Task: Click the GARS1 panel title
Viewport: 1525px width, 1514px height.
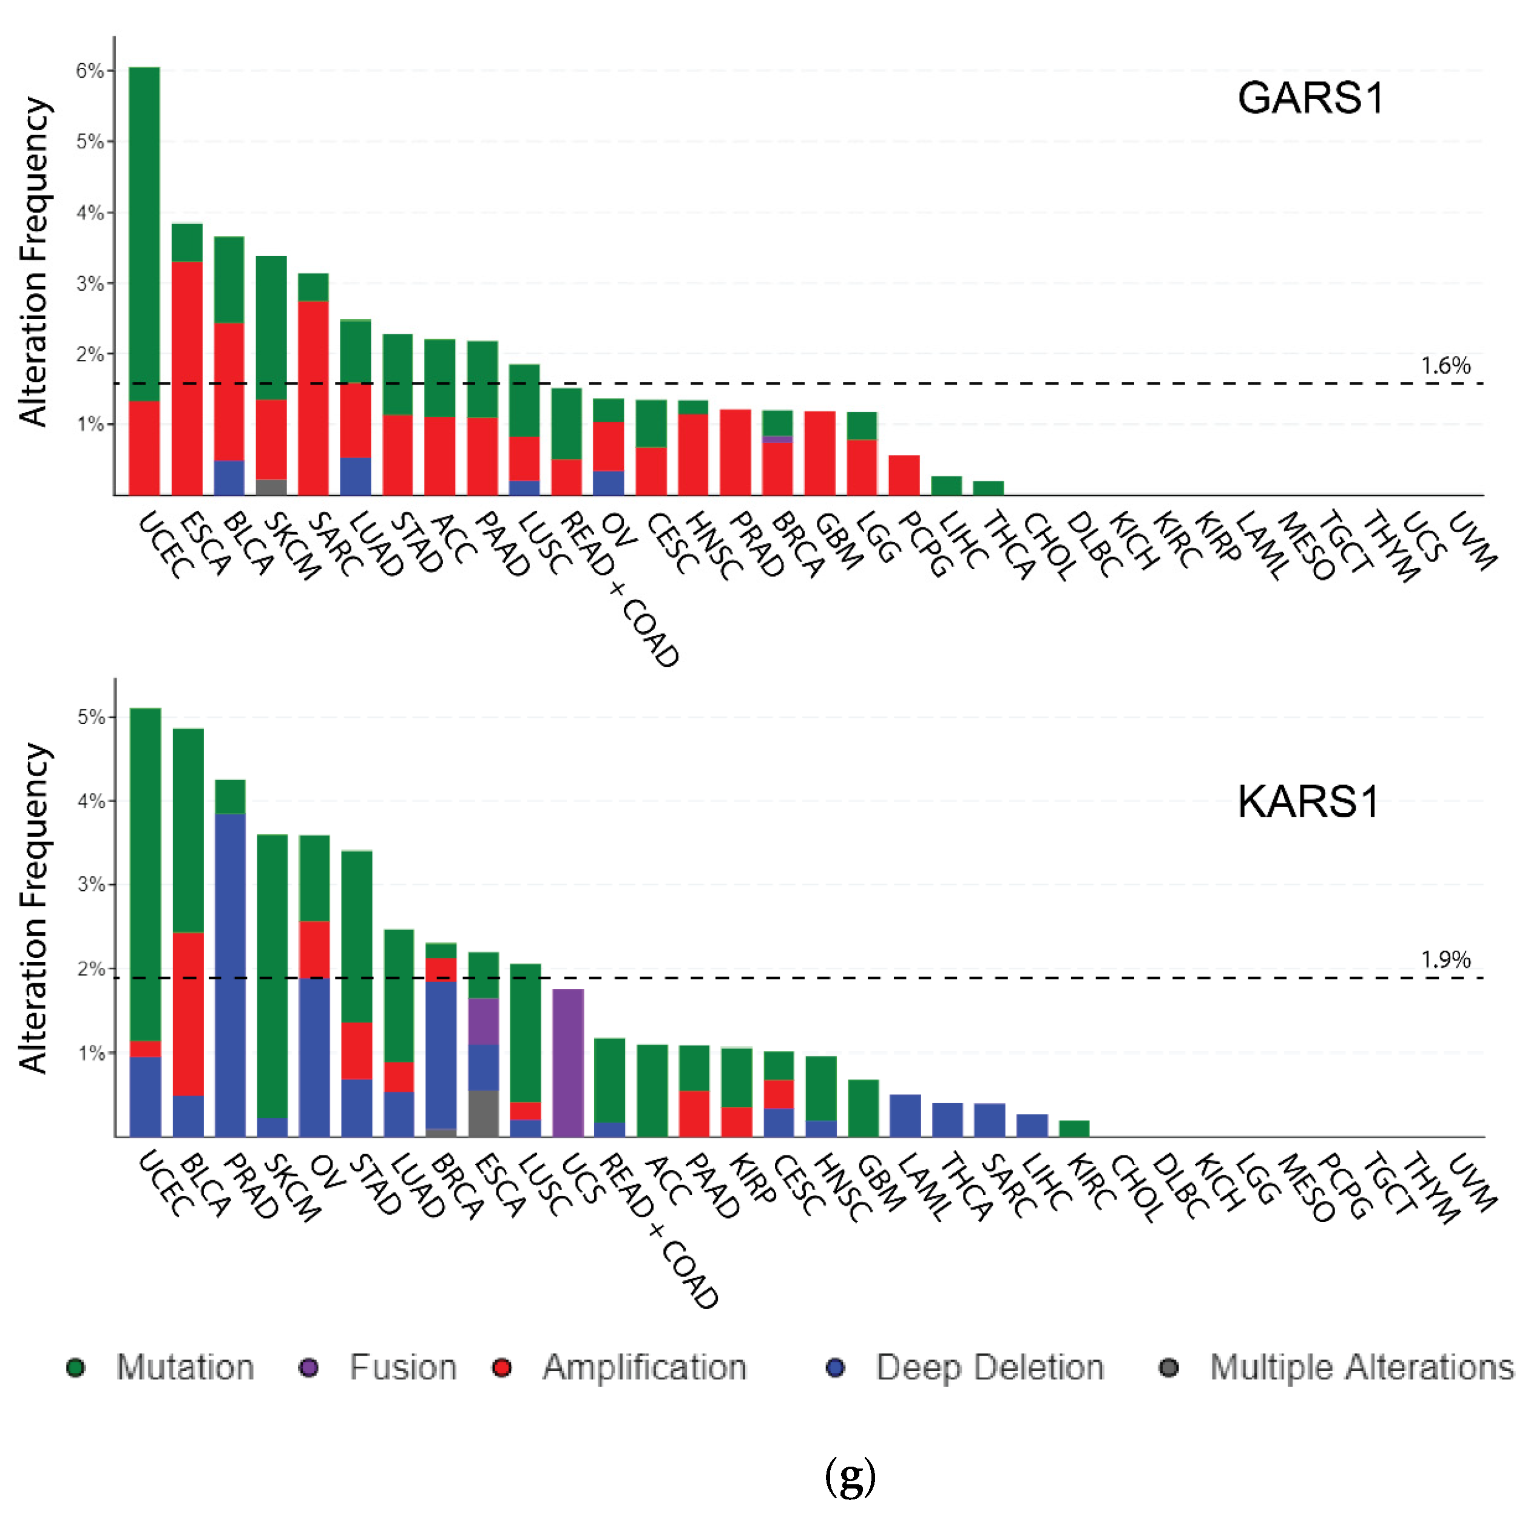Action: pos(1310,99)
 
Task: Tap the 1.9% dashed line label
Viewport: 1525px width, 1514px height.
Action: pos(1446,959)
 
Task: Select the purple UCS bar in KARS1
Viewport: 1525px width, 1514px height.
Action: pos(567,1062)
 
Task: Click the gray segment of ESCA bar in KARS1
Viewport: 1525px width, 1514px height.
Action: pos(483,1112)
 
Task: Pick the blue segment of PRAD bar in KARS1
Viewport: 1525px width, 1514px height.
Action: pos(230,975)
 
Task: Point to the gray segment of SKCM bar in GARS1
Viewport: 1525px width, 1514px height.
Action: pos(271,487)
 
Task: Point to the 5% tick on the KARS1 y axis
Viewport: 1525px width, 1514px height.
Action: pos(91,717)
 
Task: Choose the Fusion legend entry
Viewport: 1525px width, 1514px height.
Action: pos(402,1367)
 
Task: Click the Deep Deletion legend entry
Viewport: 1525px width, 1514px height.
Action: pos(989,1367)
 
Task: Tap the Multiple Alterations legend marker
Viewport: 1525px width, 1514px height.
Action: pos(1168,1367)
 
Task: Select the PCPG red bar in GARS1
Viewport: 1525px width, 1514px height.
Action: pos(904,475)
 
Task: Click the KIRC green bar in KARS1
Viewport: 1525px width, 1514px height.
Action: pos(1074,1128)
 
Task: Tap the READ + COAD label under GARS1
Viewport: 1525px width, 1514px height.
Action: pos(620,588)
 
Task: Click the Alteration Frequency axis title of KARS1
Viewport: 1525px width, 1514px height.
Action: pos(34,908)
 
